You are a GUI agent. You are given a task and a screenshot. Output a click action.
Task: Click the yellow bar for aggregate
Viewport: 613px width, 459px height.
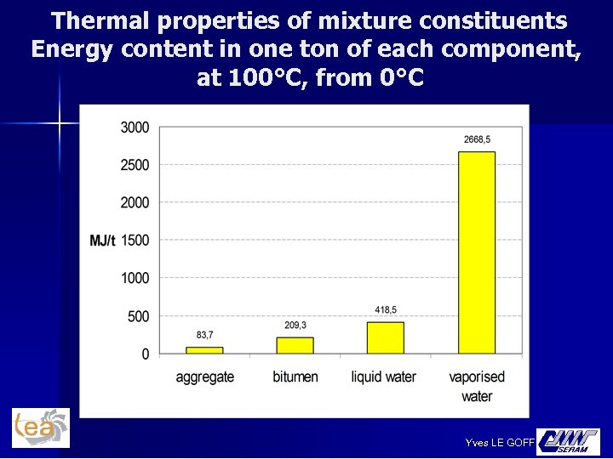204,349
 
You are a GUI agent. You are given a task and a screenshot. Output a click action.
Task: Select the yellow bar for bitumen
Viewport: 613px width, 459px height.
295,345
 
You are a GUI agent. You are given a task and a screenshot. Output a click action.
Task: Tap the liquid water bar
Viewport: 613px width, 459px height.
386,337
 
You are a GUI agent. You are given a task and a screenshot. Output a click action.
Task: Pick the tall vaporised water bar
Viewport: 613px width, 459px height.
476,252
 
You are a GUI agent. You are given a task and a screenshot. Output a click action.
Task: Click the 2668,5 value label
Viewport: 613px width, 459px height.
477,139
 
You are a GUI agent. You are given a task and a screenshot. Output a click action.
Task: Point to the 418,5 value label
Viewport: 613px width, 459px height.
386,309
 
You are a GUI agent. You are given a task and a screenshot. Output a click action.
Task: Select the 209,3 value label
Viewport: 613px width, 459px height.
295,326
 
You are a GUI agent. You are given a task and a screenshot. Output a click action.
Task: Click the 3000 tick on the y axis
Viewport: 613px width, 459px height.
135,127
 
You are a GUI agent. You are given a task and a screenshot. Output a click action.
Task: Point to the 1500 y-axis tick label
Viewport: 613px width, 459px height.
135,241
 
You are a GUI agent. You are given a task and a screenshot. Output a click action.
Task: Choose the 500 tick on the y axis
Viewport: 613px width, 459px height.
139,316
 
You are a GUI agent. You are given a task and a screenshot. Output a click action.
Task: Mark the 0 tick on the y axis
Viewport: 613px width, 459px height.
146,354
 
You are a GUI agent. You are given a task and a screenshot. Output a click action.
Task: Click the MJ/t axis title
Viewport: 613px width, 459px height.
102,241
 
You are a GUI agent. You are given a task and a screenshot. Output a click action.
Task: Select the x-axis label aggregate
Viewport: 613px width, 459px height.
204,377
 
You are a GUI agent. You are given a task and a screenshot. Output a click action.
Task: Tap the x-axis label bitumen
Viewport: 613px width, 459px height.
295,377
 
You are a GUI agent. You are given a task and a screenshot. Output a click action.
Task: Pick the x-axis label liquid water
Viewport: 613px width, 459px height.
384,377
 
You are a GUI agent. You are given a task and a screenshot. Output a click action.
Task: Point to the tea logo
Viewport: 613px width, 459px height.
40,428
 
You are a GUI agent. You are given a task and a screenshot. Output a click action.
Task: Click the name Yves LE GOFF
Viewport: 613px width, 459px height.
500,442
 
